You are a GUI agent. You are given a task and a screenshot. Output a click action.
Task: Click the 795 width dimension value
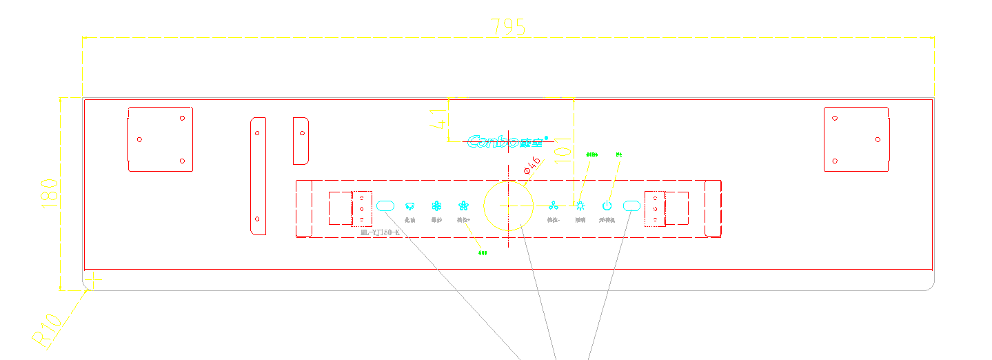[508, 27]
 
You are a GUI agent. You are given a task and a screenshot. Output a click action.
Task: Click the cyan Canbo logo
[507, 142]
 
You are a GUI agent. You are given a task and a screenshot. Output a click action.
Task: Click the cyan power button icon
[607, 205]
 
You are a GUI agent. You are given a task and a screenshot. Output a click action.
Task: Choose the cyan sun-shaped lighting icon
[580, 205]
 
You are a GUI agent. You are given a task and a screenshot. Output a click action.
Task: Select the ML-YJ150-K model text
[380, 233]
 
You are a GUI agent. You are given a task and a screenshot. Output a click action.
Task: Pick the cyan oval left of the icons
[385, 205]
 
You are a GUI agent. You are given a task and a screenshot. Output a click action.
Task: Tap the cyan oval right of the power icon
[631, 205]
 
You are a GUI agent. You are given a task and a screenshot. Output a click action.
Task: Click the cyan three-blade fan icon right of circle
[553, 205]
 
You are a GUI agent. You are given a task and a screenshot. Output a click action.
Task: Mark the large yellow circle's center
[508, 206]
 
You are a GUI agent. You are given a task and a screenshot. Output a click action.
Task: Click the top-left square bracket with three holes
[160, 139]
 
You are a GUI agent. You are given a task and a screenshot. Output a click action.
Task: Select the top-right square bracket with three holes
[856, 139]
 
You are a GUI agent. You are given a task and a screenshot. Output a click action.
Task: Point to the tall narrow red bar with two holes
[257, 175]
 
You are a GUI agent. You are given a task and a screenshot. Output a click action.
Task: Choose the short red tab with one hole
[301, 141]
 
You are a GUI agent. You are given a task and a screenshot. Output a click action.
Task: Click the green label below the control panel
[483, 253]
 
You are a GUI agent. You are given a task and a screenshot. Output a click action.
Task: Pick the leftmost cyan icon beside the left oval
[409, 206]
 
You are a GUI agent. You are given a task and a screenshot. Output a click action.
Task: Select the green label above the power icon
[619, 154]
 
